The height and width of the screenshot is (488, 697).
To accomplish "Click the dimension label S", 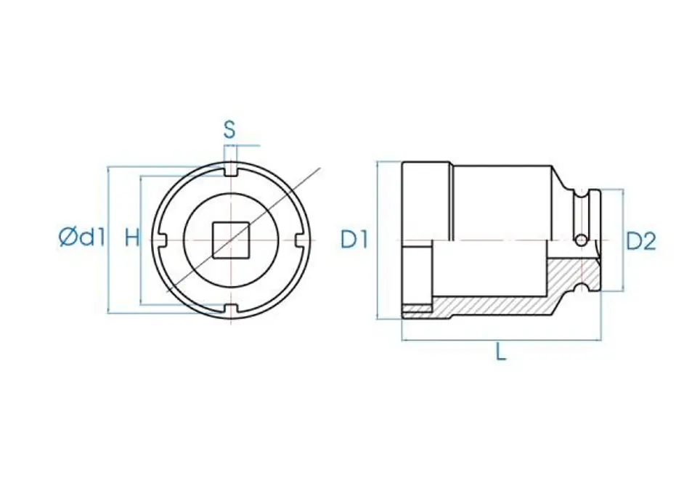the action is [229, 130].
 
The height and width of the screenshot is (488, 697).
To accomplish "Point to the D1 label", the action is [355, 240].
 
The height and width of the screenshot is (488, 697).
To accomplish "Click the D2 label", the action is [641, 241].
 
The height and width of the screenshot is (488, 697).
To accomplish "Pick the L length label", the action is [501, 353].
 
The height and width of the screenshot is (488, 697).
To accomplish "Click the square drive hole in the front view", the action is [230, 240].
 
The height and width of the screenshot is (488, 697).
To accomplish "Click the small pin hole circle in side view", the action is [581, 240].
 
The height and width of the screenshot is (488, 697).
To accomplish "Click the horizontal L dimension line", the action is [501, 341].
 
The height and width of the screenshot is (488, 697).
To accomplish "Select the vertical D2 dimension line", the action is [622, 240].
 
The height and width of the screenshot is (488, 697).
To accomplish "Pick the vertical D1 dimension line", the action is [378, 240].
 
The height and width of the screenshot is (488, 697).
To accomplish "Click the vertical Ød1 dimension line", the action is [108, 240].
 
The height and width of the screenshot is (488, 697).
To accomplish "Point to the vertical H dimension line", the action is [140, 240].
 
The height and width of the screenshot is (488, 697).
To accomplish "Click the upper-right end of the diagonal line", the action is [320, 168].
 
